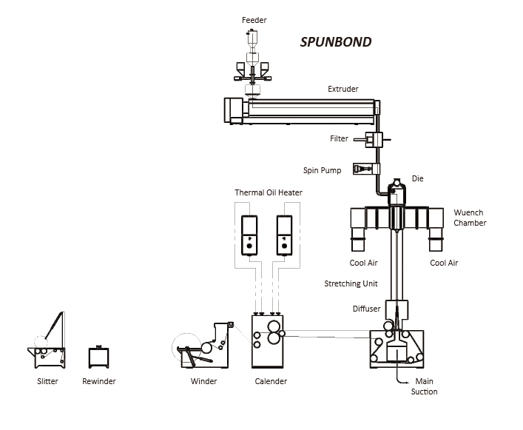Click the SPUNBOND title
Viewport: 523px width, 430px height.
[335, 41]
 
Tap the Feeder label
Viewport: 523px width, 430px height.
[254, 19]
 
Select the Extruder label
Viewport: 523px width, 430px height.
[343, 90]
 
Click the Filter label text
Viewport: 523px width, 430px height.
[340, 138]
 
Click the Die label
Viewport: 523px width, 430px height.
[417, 179]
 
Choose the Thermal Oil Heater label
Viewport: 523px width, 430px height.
[269, 193]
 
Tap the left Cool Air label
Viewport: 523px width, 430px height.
[363, 263]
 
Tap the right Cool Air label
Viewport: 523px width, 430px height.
[444, 263]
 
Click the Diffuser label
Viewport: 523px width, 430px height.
[366, 309]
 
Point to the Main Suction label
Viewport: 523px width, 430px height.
[424, 387]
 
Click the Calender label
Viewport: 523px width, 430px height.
[270, 382]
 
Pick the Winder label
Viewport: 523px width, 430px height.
[203, 382]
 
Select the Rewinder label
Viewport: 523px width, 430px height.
[99, 382]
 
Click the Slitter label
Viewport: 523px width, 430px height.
[47, 382]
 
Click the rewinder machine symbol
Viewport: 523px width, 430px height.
[99, 357]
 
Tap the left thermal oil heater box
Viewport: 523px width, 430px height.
[250, 234]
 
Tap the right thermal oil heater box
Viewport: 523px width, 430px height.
[285, 234]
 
